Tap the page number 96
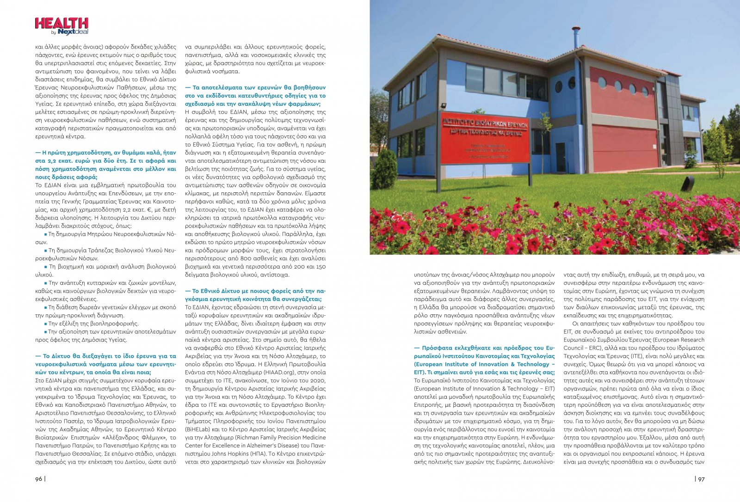(x=39, y=479)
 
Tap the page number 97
(x=701, y=479)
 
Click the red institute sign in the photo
(x=485, y=137)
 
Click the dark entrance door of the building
(x=561, y=157)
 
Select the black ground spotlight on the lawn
(x=688, y=184)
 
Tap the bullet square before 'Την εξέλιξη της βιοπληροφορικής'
(x=46, y=324)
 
